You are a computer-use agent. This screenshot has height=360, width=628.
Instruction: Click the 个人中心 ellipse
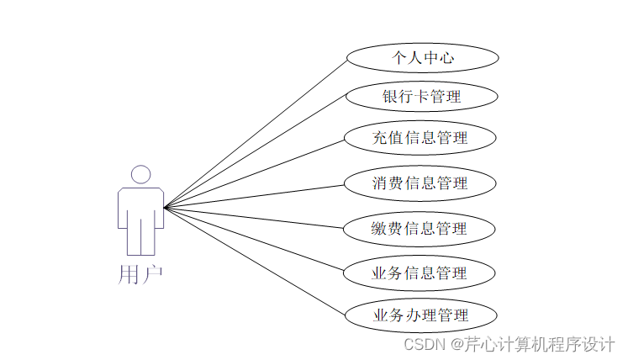tap(422, 58)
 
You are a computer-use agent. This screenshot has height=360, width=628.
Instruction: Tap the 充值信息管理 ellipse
tap(420, 138)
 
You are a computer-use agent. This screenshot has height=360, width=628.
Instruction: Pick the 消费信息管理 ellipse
tap(420, 183)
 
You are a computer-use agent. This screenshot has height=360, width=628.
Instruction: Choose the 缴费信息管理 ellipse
tap(420, 228)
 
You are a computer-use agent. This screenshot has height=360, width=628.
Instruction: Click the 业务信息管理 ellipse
tap(420, 273)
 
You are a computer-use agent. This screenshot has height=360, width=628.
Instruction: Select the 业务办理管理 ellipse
tap(420, 316)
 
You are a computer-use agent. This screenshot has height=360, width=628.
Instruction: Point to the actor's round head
tap(141, 174)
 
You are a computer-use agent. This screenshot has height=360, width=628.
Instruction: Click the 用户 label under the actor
tap(140, 275)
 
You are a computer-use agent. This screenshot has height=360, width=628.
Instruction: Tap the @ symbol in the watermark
tap(456, 345)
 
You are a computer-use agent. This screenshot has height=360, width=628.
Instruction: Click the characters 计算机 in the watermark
tap(526, 345)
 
